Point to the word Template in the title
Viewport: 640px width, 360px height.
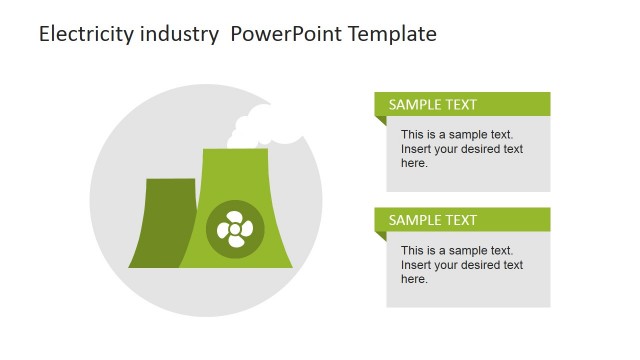coord(391,34)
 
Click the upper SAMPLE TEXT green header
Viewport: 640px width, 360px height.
coord(462,104)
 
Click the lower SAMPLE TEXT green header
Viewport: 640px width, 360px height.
coord(462,220)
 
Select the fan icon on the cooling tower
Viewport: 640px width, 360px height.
coord(236,229)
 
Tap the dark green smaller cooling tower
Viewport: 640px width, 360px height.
coord(160,224)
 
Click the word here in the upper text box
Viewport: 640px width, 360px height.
coord(414,163)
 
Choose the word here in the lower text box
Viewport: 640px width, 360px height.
coord(414,279)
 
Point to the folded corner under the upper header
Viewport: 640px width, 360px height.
coord(380,121)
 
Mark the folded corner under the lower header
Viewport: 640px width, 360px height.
coord(380,237)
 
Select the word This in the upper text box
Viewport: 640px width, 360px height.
coord(413,134)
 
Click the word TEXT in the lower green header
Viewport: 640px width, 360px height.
coord(459,220)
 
